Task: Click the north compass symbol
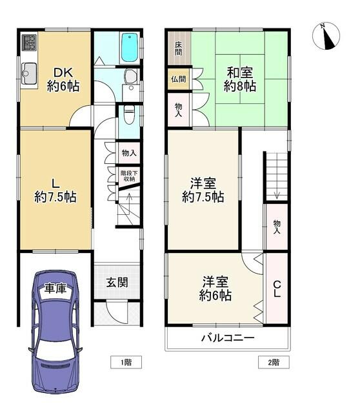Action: (x=326, y=36)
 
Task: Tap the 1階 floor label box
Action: (x=126, y=362)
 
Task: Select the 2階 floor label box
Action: (x=274, y=362)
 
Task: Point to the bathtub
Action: (x=130, y=48)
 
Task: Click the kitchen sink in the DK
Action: (x=28, y=74)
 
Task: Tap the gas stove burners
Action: (x=28, y=43)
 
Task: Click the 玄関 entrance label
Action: (x=117, y=283)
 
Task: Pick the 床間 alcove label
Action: (x=178, y=48)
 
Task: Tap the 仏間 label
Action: (x=178, y=79)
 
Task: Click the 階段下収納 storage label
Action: (x=129, y=176)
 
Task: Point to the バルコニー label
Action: (x=228, y=337)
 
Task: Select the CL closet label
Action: (x=277, y=289)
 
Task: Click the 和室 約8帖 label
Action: (x=240, y=79)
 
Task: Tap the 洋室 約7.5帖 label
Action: (x=203, y=190)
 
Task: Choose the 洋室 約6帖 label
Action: (x=215, y=288)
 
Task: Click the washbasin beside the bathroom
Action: (x=130, y=76)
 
